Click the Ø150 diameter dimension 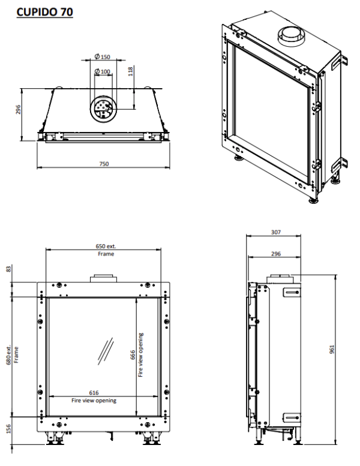point(103,57)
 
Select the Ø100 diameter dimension point(103,72)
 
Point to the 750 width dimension point(104,163)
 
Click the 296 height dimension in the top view point(18,110)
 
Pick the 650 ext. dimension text point(106,246)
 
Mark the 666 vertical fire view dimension point(133,355)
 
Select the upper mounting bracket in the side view point(291,292)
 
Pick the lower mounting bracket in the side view point(291,417)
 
